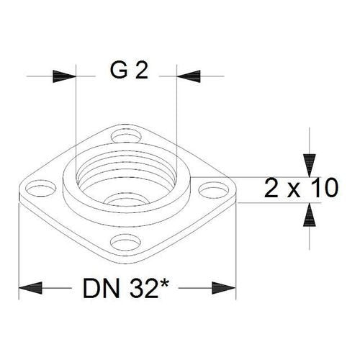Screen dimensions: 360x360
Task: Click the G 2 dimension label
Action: coord(129,71)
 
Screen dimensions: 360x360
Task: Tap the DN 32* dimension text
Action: coord(125,289)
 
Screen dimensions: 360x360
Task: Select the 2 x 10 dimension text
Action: coord(301,188)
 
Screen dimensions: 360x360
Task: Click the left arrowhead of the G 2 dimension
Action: coord(64,76)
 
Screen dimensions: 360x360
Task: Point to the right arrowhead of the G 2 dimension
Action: coord(189,76)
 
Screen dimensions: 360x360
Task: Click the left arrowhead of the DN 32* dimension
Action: coord(30,288)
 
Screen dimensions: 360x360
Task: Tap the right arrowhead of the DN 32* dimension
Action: coord(224,288)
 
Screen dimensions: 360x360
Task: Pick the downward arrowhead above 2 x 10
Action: coord(309,166)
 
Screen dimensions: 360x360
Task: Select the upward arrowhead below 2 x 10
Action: coord(309,215)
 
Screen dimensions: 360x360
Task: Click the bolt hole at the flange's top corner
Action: coord(126,137)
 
